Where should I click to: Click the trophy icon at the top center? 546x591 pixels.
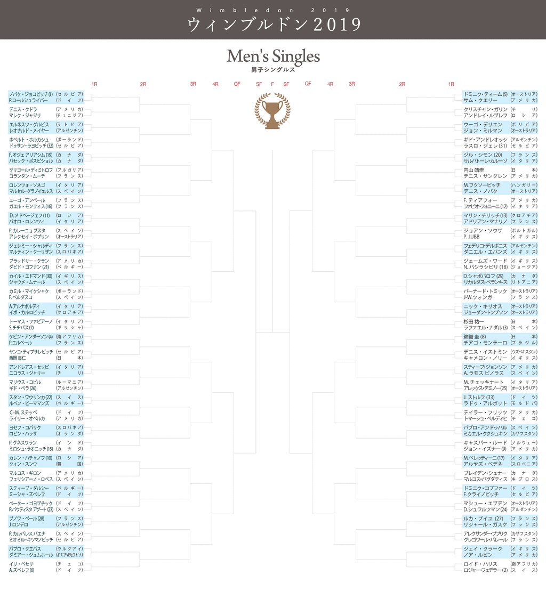pos(272,111)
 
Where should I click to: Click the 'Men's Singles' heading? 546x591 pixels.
pos(273,56)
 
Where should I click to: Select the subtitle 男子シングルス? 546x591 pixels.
pos(273,70)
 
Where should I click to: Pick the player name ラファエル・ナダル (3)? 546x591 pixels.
pos(481,328)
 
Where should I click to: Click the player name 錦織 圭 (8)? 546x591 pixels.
pos(475,337)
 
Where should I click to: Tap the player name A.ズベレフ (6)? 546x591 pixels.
pos(21,570)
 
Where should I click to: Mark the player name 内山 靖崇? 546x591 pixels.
pos(473,170)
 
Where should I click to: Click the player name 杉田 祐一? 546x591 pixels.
pos(473,322)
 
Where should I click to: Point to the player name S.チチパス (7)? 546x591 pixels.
pos(21,328)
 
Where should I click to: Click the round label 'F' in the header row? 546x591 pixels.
pos(272,84)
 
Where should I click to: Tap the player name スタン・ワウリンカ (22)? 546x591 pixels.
pos(30,398)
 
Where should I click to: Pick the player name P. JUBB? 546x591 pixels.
pos(472,237)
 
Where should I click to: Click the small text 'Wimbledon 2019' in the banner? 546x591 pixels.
pos(272,10)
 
